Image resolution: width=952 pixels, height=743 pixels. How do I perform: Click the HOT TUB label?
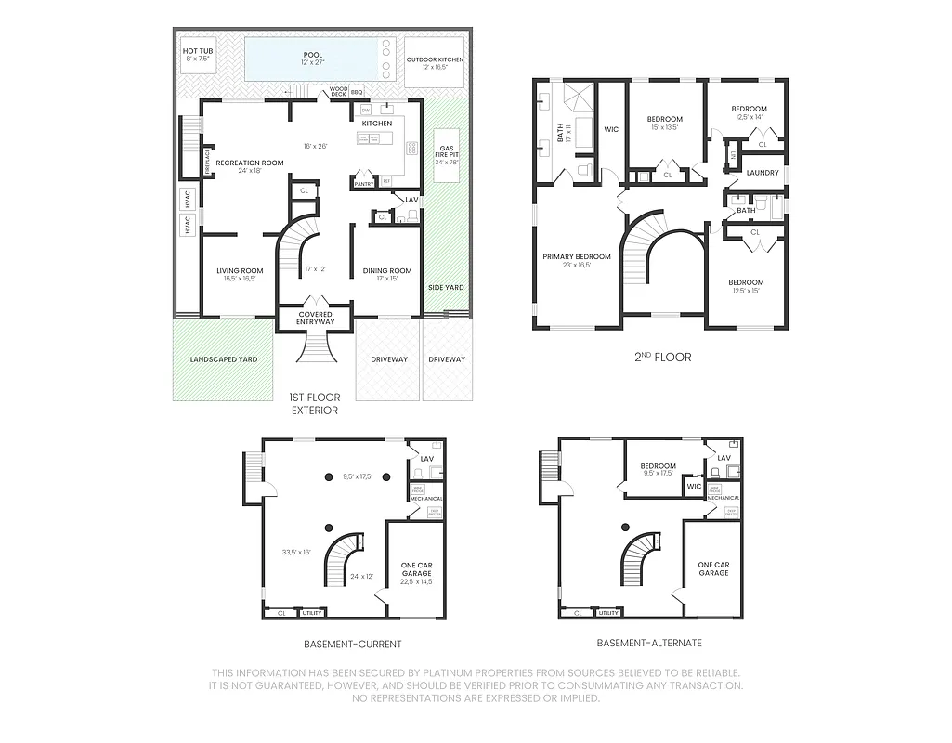196,51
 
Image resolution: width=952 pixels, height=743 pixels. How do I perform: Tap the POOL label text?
312,55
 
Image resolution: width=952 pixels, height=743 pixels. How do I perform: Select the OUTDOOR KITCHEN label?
435,59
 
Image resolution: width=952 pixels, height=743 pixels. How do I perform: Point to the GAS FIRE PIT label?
446,151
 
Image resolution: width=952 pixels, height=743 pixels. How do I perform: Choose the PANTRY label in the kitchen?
364,184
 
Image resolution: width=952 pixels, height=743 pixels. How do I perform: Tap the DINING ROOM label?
387,271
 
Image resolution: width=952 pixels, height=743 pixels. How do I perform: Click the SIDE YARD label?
446,288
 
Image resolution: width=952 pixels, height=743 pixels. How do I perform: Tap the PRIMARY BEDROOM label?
577,256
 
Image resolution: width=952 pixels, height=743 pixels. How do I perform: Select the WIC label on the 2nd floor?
611,129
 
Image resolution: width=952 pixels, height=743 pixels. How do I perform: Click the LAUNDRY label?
763,173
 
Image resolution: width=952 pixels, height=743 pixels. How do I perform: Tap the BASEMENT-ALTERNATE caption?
649,643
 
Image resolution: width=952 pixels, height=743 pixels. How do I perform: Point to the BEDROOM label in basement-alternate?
659,466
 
